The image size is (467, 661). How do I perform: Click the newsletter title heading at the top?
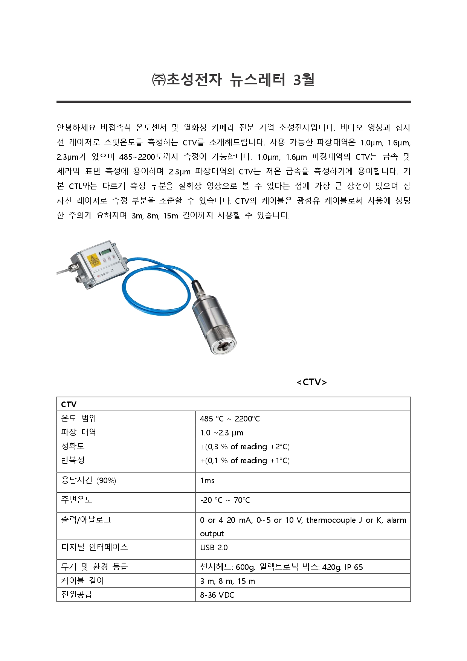(x=233, y=80)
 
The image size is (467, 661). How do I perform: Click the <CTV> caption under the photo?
(x=311, y=382)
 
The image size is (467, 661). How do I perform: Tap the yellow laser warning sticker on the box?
(x=93, y=260)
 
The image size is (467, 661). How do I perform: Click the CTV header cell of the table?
(x=69, y=405)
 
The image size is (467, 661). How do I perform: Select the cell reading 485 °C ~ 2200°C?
(x=230, y=419)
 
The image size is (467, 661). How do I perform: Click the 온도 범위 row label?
(x=79, y=418)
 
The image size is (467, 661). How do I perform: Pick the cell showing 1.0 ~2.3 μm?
(x=221, y=433)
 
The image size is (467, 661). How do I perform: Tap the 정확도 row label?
(x=73, y=446)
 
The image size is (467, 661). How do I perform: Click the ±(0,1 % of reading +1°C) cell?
(x=245, y=461)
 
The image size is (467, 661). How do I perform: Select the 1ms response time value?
(x=208, y=481)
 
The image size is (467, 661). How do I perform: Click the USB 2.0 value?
(x=214, y=548)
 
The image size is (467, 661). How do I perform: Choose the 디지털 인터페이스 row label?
(x=95, y=547)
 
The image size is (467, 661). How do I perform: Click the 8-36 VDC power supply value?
(x=217, y=595)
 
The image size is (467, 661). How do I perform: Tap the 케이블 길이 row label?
(x=82, y=581)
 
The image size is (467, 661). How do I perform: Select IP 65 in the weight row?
(x=354, y=567)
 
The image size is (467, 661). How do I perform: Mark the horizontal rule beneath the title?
(x=233, y=102)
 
